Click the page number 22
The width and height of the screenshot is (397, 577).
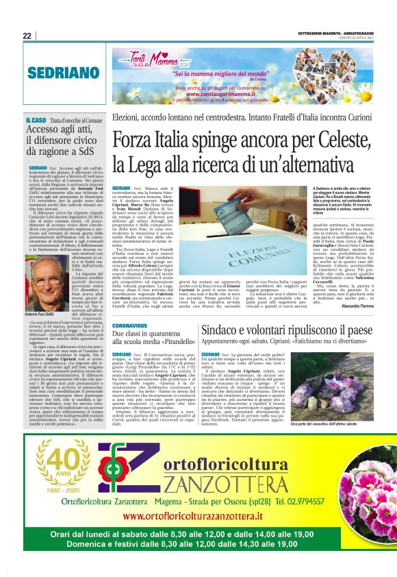(27, 36)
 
